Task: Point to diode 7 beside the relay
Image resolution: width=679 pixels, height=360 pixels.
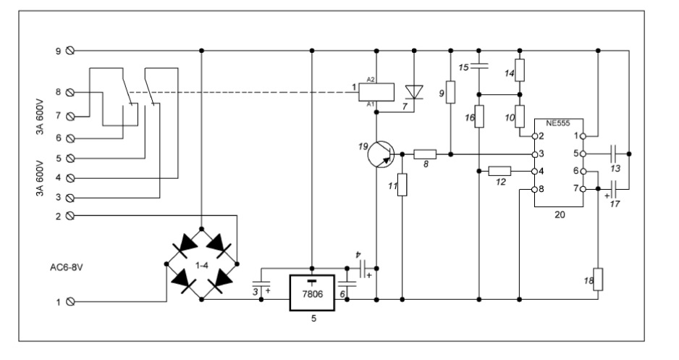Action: [414, 92]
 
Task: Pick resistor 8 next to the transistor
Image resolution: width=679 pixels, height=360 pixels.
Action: [424, 154]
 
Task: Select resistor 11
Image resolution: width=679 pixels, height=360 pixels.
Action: [403, 185]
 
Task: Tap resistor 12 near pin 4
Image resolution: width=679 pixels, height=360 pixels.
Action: [499, 172]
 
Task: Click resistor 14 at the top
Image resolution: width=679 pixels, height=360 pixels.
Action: [520, 71]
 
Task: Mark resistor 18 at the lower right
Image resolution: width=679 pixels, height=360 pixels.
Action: [598, 280]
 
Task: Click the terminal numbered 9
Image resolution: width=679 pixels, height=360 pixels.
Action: [70, 51]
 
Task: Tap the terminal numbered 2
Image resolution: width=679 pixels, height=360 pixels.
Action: [70, 215]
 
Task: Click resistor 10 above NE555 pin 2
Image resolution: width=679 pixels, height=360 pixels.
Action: [520, 116]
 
